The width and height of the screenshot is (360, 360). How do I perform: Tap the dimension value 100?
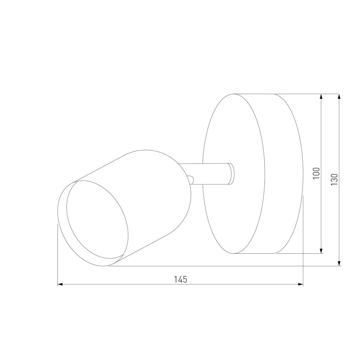(x=316, y=173)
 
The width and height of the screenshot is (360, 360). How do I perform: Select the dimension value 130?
(x=334, y=179)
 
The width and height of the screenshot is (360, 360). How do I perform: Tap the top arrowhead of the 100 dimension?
(x=321, y=96)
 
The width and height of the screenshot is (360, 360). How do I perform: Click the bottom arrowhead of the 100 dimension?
(x=321, y=251)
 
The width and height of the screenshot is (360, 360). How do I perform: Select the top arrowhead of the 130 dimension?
(x=339, y=96)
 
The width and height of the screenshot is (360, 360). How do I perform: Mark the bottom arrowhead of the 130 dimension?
(x=339, y=263)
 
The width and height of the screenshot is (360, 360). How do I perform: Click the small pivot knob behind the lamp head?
(x=191, y=179)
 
